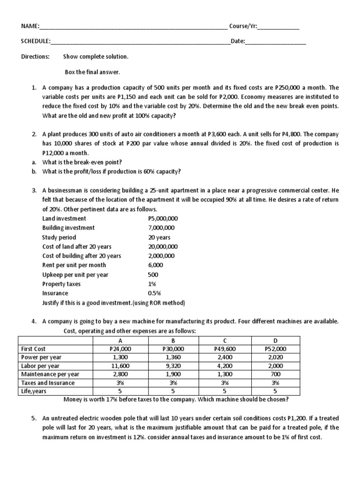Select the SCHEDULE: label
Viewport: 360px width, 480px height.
[x=36, y=41]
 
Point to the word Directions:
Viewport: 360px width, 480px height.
[x=36, y=57]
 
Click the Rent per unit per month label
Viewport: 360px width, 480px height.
[x=74, y=265]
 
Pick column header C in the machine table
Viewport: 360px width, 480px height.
[x=225, y=341]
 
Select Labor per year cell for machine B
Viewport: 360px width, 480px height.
[x=173, y=366]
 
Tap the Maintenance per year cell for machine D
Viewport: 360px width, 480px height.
[x=275, y=374]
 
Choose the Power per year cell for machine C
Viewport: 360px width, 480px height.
[x=225, y=357]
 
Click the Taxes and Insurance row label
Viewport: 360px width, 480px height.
[x=48, y=382]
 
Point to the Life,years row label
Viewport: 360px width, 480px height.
[x=34, y=391]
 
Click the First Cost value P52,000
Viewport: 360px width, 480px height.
[x=275, y=349]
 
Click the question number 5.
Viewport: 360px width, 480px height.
[x=34, y=418]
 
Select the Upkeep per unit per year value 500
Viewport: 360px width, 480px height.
[x=153, y=275]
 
